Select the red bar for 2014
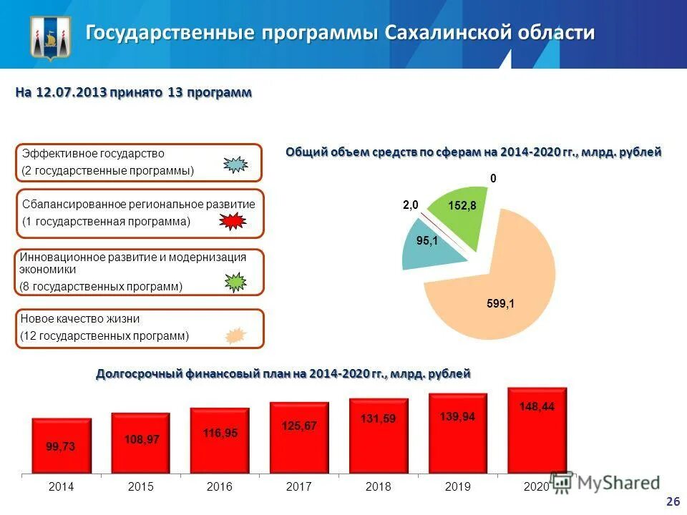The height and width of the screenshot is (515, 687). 62,446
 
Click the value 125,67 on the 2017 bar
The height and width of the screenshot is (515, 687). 299,426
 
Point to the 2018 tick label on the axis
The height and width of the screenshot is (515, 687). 378,486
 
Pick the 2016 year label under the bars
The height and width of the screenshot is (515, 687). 220,486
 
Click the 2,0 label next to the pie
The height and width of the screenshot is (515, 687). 410,205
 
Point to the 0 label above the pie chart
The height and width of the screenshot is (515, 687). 493,178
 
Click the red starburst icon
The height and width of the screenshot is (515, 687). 233,222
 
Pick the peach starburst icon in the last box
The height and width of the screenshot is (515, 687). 235,335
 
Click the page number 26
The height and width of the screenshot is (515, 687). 672,502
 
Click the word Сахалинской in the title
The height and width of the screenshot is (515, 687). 442,33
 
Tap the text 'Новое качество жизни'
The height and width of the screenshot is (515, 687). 80,319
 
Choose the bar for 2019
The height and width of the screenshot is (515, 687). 458,433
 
